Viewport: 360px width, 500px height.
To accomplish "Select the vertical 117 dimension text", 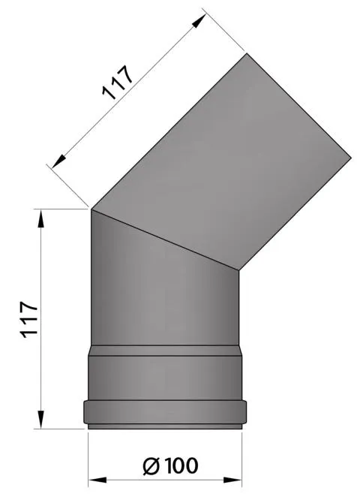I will [28, 321].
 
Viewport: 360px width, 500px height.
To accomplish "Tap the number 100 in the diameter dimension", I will [179, 466].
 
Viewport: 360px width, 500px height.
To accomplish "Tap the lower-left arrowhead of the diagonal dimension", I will [55, 159].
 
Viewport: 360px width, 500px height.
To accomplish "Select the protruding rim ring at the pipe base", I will [165, 413].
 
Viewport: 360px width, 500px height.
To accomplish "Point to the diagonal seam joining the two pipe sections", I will [165, 239].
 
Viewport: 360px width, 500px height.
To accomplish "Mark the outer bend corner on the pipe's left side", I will [91, 209].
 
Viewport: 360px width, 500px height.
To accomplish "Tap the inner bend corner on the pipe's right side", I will [238, 270].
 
